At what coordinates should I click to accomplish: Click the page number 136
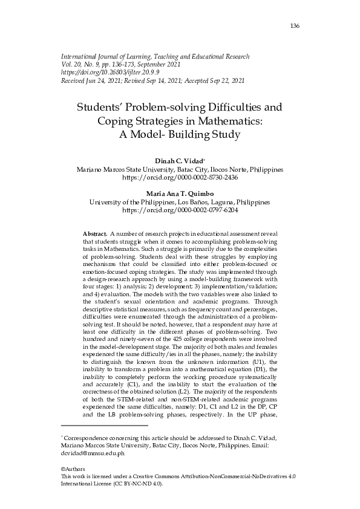pos(295,26)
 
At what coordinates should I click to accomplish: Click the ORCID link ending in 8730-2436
pos(180,179)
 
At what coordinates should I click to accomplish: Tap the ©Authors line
pos(73,469)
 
